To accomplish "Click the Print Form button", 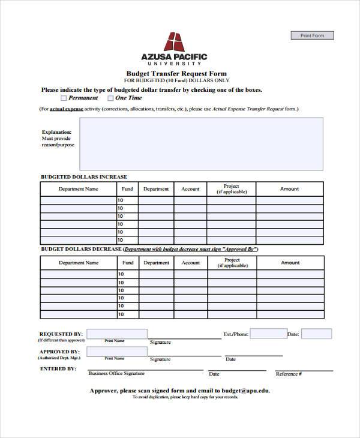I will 312,36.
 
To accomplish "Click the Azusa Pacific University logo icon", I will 174,42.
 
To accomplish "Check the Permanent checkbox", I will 64,98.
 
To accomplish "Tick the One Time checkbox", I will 110,98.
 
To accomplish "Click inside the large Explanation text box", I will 201,143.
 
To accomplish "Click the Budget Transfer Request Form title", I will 174,74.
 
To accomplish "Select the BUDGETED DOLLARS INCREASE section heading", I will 84,177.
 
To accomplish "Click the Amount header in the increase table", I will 289,189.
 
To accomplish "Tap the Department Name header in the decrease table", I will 79,263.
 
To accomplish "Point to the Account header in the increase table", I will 190,189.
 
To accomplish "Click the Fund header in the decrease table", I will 128,263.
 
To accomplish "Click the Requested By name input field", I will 116,334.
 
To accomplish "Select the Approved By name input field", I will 116,352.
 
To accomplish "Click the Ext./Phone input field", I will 268,334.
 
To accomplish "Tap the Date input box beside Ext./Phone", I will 316,334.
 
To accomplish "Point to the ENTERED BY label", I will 58,369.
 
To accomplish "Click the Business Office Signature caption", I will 116,373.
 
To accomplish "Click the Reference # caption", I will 289,374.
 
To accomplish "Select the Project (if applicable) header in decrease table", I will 232,263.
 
